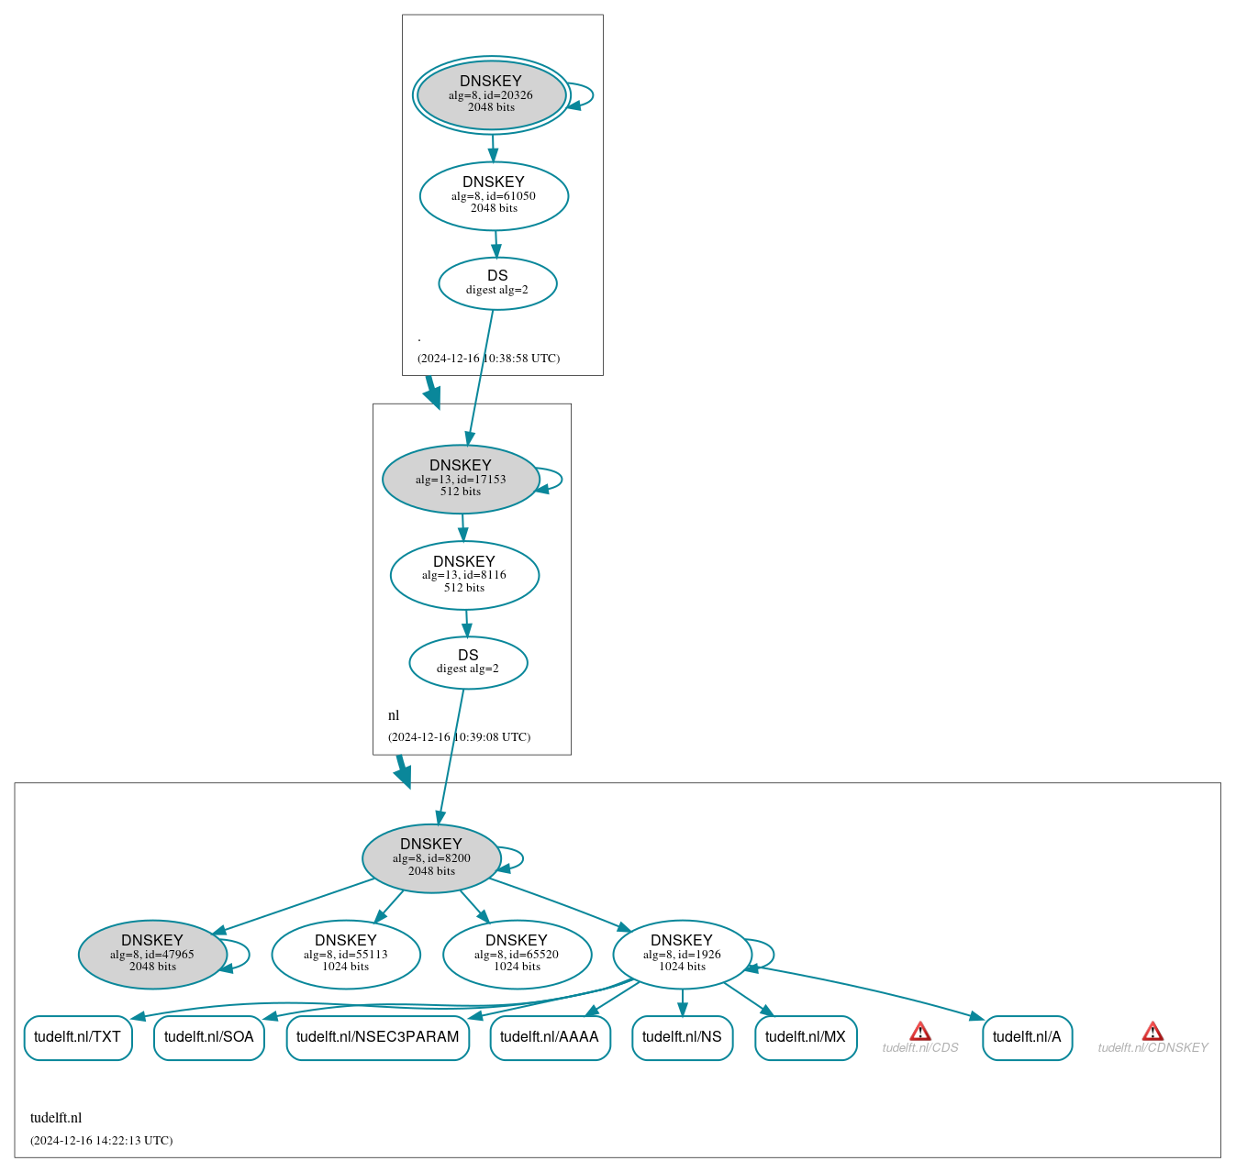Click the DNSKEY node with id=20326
pos(491,94)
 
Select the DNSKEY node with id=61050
pos(494,195)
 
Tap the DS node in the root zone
pos(497,283)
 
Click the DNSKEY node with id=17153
pos(461,479)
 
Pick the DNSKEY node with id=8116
pos(464,575)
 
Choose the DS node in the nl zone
pos(468,662)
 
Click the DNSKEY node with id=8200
pos(431,858)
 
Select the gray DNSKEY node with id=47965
pos(152,954)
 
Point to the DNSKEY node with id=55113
pos(346,954)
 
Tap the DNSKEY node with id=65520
pos(517,954)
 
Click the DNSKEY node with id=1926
pos(682,954)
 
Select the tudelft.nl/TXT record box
pos(78,1037)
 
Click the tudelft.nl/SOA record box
pos(209,1037)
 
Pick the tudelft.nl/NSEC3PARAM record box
pos(378,1037)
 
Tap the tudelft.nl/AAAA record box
pos(550,1037)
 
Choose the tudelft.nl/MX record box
pos(806,1037)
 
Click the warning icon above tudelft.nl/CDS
pos(920,1031)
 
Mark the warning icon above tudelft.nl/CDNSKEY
pos(1152,1031)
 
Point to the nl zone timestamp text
pos(459,737)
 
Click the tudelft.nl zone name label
pos(56,1118)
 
